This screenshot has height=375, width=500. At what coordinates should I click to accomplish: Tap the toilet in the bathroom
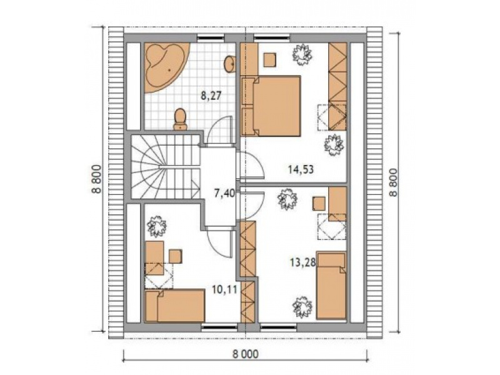(x=180, y=119)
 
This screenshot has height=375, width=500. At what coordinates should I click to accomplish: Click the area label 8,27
(x=211, y=96)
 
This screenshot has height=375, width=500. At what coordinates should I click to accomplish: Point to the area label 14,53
(x=301, y=169)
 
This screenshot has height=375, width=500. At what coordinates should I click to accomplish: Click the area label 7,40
(x=224, y=193)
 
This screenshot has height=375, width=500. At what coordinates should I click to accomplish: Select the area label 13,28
(x=302, y=262)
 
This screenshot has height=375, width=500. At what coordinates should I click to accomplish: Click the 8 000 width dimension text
(x=245, y=354)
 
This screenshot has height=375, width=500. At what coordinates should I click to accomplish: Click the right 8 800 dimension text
(x=394, y=182)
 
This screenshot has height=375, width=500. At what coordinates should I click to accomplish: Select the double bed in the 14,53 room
(x=271, y=106)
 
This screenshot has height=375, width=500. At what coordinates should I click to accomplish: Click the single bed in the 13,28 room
(x=331, y=286)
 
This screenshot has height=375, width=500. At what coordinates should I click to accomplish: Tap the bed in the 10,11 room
(x=174, y=306)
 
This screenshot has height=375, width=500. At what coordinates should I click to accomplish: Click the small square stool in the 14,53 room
(x=270, y=59)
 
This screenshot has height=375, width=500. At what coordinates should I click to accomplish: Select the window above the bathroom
(x=211, y=38)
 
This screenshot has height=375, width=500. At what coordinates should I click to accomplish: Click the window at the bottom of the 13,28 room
(x=278, y=326)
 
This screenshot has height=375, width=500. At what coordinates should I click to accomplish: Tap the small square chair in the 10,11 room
(x=176, y=256)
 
